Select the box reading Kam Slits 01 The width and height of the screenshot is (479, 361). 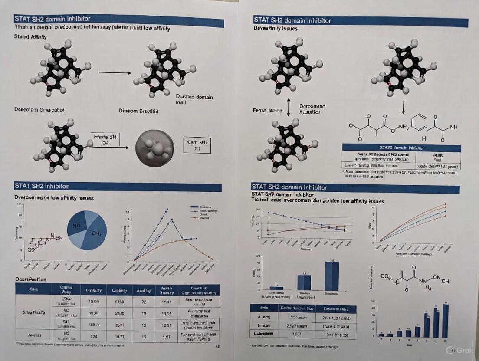click(197, 145)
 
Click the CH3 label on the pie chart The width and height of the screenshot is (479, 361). click(96, 234)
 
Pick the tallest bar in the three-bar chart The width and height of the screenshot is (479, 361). click(332, 276)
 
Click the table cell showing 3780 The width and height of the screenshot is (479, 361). click(119, 301)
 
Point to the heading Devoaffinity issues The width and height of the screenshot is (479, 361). click(276, 28)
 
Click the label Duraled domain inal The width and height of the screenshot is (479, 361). click(194, 100)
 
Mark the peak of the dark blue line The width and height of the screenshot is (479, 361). click(167, 209)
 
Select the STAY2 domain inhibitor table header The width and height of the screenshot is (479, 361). click(401, 148)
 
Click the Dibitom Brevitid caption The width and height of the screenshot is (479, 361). click(138, 111)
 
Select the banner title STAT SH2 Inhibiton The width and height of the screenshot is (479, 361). click(42, 186)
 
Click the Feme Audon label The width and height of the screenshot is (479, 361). click(268, 110)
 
